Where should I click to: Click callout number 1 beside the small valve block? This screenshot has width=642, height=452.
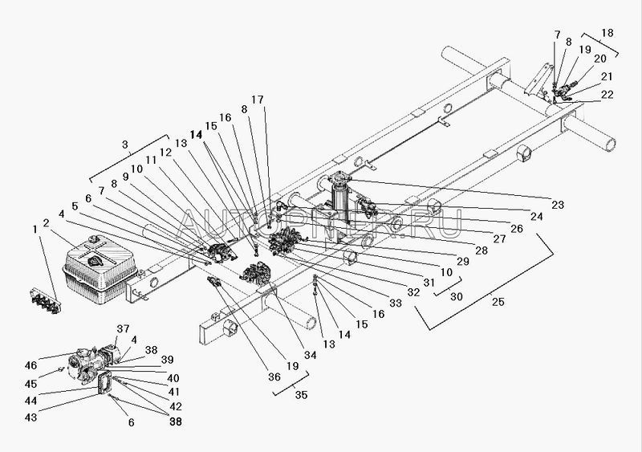pos(35,229)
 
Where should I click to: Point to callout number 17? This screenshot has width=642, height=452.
pos(256,100)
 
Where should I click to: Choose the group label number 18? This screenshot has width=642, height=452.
pos(607,34)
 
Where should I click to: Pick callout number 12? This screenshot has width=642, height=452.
pos(165,150)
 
